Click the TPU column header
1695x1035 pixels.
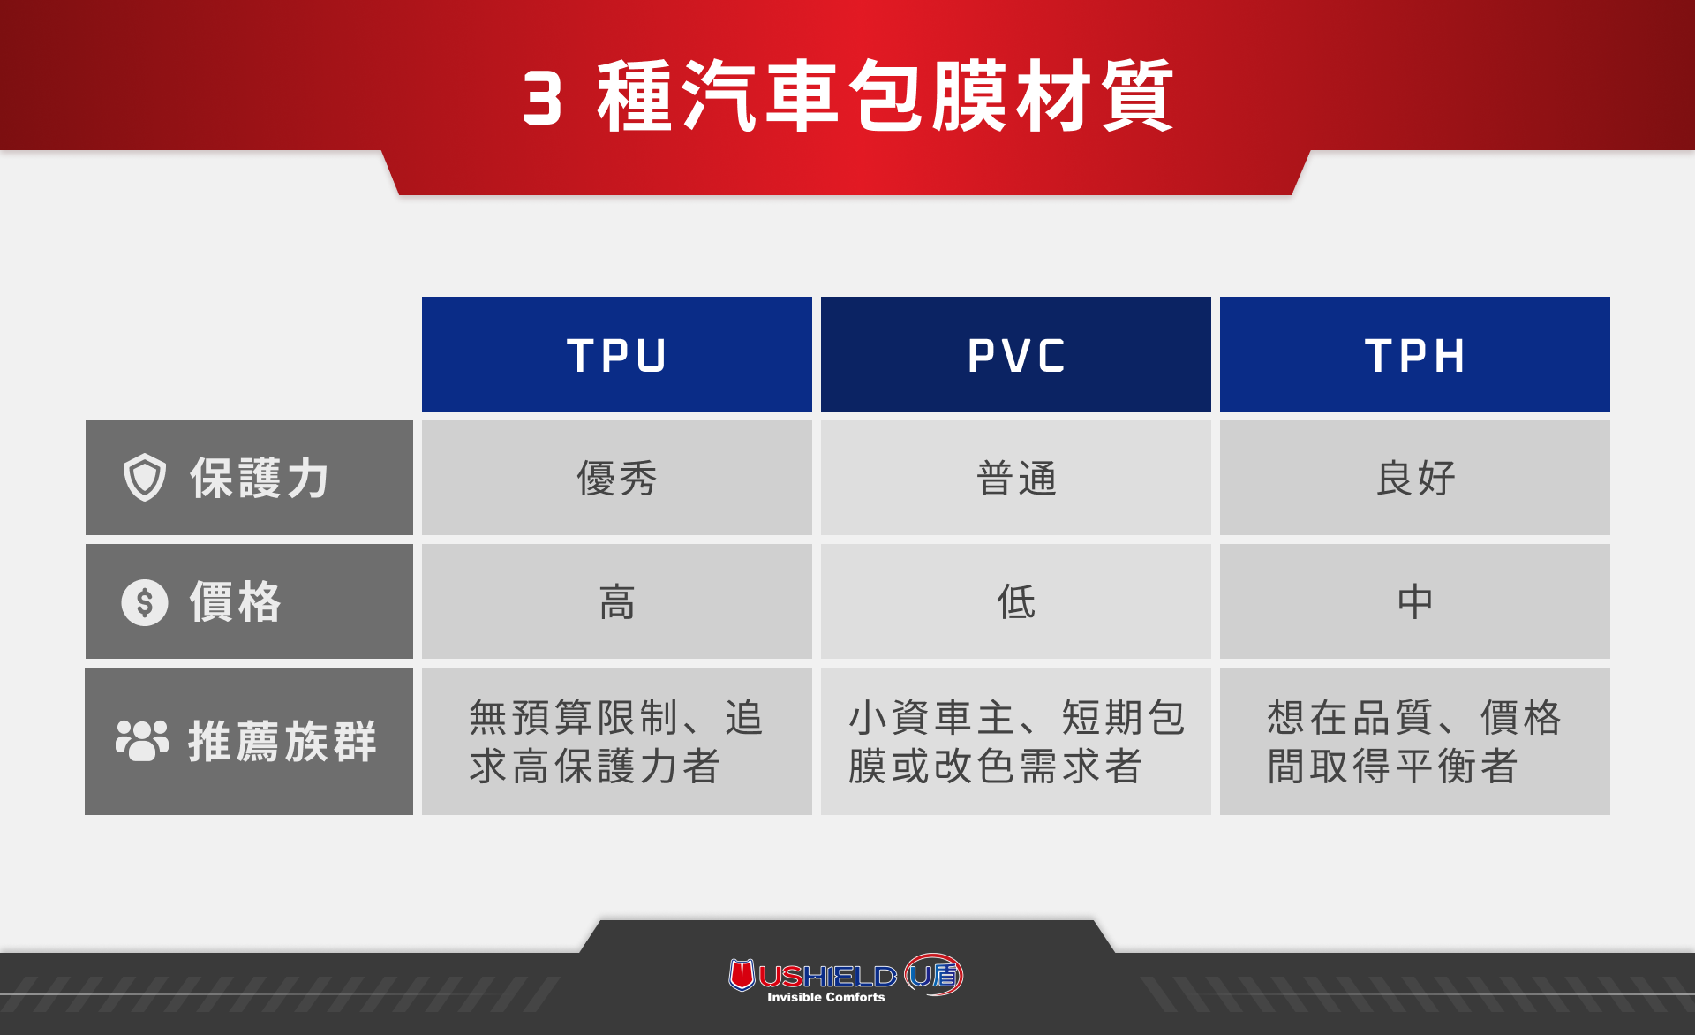pyautogui.click(x=616, y=355)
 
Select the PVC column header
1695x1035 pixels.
pyautogui.click(x=1015, y=355)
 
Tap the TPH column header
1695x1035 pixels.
pyautogui.click(x=1414, y=355)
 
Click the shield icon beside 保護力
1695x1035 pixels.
pyautogui.click(x=145, y=478)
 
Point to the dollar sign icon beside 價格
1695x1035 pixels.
pyautogui.click(x=145, y=602)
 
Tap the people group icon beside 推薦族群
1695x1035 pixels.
pyautogui.click(x=142, y=740)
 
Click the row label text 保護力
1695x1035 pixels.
pyautogui.click(x=260, y=479)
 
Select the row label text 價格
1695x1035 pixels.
pyautogui.click(x=236, y=602)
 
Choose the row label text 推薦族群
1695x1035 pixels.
pyautogui.click(x=282, y=741)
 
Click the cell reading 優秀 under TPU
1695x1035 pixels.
pyautogui.click(x=616, y=479)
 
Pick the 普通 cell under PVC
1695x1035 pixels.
pyautogui.click(x=1015, y=479)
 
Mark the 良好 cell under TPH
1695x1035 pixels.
pyautogui.click(x=1414, y=479)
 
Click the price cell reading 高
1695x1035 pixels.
pyautogui.click(x=616, y=602)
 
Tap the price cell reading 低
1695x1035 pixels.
pyautogui.click(x=1015, y=602)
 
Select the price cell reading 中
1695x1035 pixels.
pyautogui.click(x=1414, y=602)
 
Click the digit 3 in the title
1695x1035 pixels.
pyautogui.click(x=542, y=98)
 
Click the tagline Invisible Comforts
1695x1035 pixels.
pyautogui.click(x=825, y=997)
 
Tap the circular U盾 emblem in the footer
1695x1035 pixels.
pyautogui.click(x=934, y=975)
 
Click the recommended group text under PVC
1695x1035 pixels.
pyautogui.click(x=1015, y=742)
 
